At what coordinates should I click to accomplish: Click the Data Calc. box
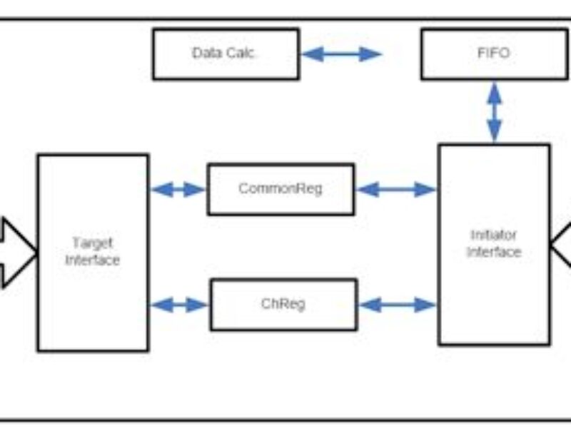226,53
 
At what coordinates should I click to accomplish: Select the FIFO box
494,53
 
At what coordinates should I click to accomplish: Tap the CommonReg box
281,189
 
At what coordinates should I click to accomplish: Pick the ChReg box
283,305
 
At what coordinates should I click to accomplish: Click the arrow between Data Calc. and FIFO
342,53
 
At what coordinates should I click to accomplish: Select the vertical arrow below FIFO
494,111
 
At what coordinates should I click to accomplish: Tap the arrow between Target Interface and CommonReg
178,189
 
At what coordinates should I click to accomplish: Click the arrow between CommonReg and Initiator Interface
395,189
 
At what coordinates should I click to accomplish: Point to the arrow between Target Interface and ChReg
179,305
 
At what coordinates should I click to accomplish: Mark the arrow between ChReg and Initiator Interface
397,305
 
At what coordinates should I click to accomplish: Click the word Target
93,243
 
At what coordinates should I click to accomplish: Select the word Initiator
494,235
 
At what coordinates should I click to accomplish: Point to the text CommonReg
281,189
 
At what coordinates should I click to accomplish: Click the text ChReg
283,304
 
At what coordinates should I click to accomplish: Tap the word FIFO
494,53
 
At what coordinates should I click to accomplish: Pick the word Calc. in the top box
241,53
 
